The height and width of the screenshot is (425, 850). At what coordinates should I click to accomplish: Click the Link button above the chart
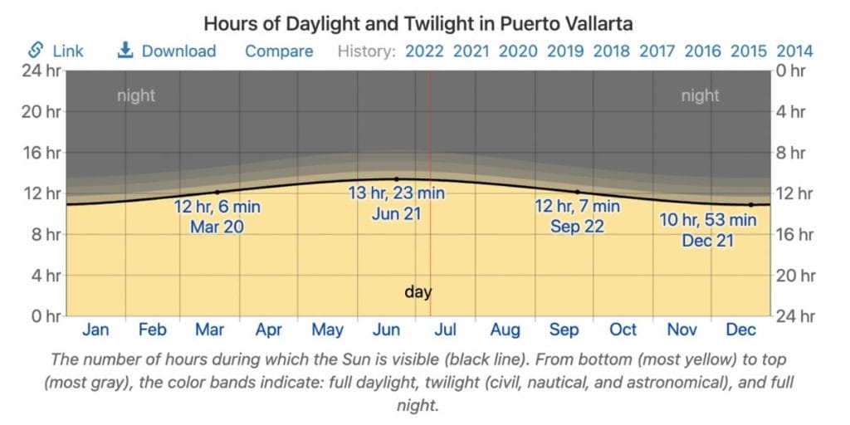point(56,51)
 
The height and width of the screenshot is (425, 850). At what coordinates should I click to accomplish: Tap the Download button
point(166,51)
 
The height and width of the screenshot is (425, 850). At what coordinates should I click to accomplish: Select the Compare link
point(279,51)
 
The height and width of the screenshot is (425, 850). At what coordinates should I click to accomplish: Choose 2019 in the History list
point(565,51)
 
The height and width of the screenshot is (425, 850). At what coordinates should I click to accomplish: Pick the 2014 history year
point(794,51)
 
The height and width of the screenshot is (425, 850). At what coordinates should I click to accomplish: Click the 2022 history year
point(424,51)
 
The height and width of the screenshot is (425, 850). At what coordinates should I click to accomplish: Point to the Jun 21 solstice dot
point(396,178)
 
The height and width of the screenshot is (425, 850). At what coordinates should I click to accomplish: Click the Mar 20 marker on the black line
point(217,192)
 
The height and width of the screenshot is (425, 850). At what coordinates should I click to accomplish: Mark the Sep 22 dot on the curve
point(578,192)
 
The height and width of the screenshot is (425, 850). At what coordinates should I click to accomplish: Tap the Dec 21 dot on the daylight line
point(751,204)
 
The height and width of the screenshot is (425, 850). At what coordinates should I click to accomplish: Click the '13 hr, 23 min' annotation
point(396,193)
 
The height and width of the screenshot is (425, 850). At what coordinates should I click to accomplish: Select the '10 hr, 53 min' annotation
point(708,220)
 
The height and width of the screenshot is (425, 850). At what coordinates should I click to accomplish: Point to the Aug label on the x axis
point(505,330)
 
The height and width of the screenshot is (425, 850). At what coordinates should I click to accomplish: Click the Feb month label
point(153,330)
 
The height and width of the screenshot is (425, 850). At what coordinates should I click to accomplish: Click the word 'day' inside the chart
point(418,291)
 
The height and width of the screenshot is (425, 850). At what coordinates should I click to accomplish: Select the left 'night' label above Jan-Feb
point(136,95)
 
